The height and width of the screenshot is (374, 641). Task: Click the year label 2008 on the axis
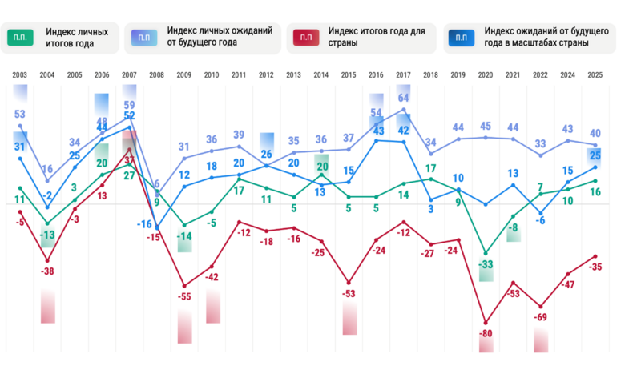(x=156, y=75)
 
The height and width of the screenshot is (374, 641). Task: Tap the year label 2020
(x=485, y=75)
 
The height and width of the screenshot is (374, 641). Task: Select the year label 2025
(x=594, y=75)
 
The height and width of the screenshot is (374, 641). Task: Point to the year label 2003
(x=20, y=75)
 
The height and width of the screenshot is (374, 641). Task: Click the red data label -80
(x=486, y=333)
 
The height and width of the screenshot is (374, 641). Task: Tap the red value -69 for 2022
(x=541, y=318)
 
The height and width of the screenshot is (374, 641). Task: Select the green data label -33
(x=486, y=263)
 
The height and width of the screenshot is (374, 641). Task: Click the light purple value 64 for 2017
(x=404, y=99)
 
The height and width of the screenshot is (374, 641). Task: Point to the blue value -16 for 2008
(x=144, y=224)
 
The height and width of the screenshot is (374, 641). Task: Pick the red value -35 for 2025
(x=595, y=267)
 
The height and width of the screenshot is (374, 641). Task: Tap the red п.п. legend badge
(x=305, y=38)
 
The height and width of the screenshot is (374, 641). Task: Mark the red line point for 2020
(x=486, y=321)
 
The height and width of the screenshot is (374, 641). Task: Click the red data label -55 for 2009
(x=185, y=296)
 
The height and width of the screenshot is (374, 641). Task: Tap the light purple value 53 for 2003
(x=20, y=114)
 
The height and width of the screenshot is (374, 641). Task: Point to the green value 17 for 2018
(x=430, y=169)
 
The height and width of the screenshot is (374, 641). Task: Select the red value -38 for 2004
(x=49, y=271)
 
